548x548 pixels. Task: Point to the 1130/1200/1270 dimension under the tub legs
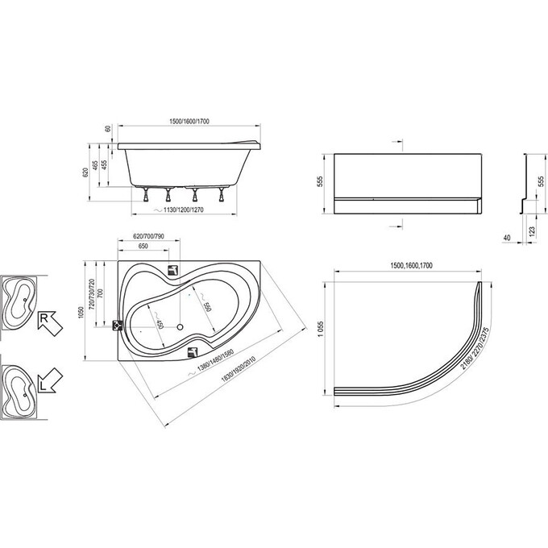coord(187,210)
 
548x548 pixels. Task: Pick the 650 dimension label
coord(142,246)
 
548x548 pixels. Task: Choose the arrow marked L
coord(49,380)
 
